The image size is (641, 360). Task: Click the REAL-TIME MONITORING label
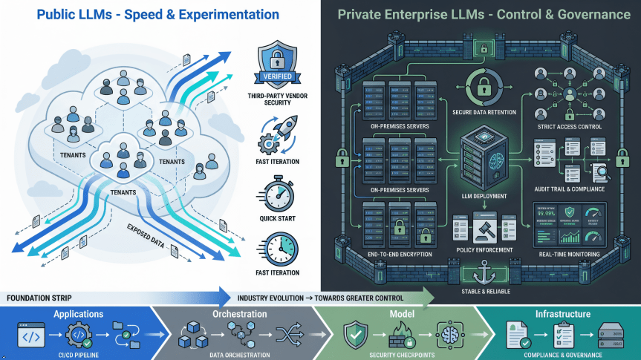(570, 254)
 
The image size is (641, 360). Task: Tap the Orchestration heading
(239, 314)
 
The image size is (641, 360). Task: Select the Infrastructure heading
(562, 314)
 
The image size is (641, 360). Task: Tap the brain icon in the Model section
(451, 336)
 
